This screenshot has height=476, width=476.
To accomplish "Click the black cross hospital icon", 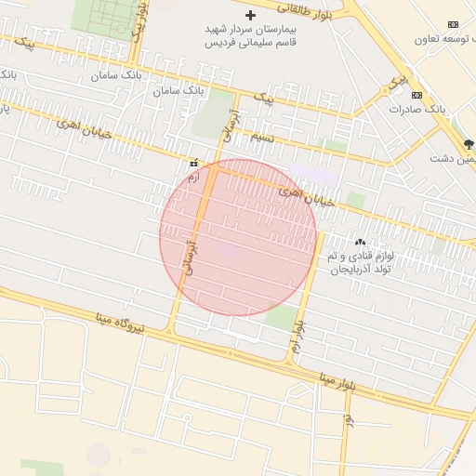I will pyautogui.click(x=250, y=15).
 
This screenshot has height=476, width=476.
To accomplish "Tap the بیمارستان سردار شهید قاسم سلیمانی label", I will pyautogui.click(x=249, y=36).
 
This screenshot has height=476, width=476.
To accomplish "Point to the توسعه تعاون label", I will pyautogui.click(x=443, y=40).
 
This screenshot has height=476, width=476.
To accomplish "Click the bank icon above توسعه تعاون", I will pyautogui.click(x=453, y=24).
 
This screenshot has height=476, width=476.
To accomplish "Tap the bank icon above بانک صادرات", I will pyautogui.click(x=416, y=95).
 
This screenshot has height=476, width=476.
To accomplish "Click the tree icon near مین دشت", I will pyautogui.click(x=468, y=144).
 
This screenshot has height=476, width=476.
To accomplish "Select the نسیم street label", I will pyautogui.click(x=262, y=137).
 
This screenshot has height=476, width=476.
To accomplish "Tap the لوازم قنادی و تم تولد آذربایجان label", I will pyautogui.click(x=361, y=261).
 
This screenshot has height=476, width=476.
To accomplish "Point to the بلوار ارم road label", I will pyautogui.click(x=297, y=337).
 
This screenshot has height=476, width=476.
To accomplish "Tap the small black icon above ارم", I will pyautogui.click(x=192, y=162).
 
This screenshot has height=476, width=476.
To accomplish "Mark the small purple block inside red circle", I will pyautogui.click(x=230, y=249).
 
